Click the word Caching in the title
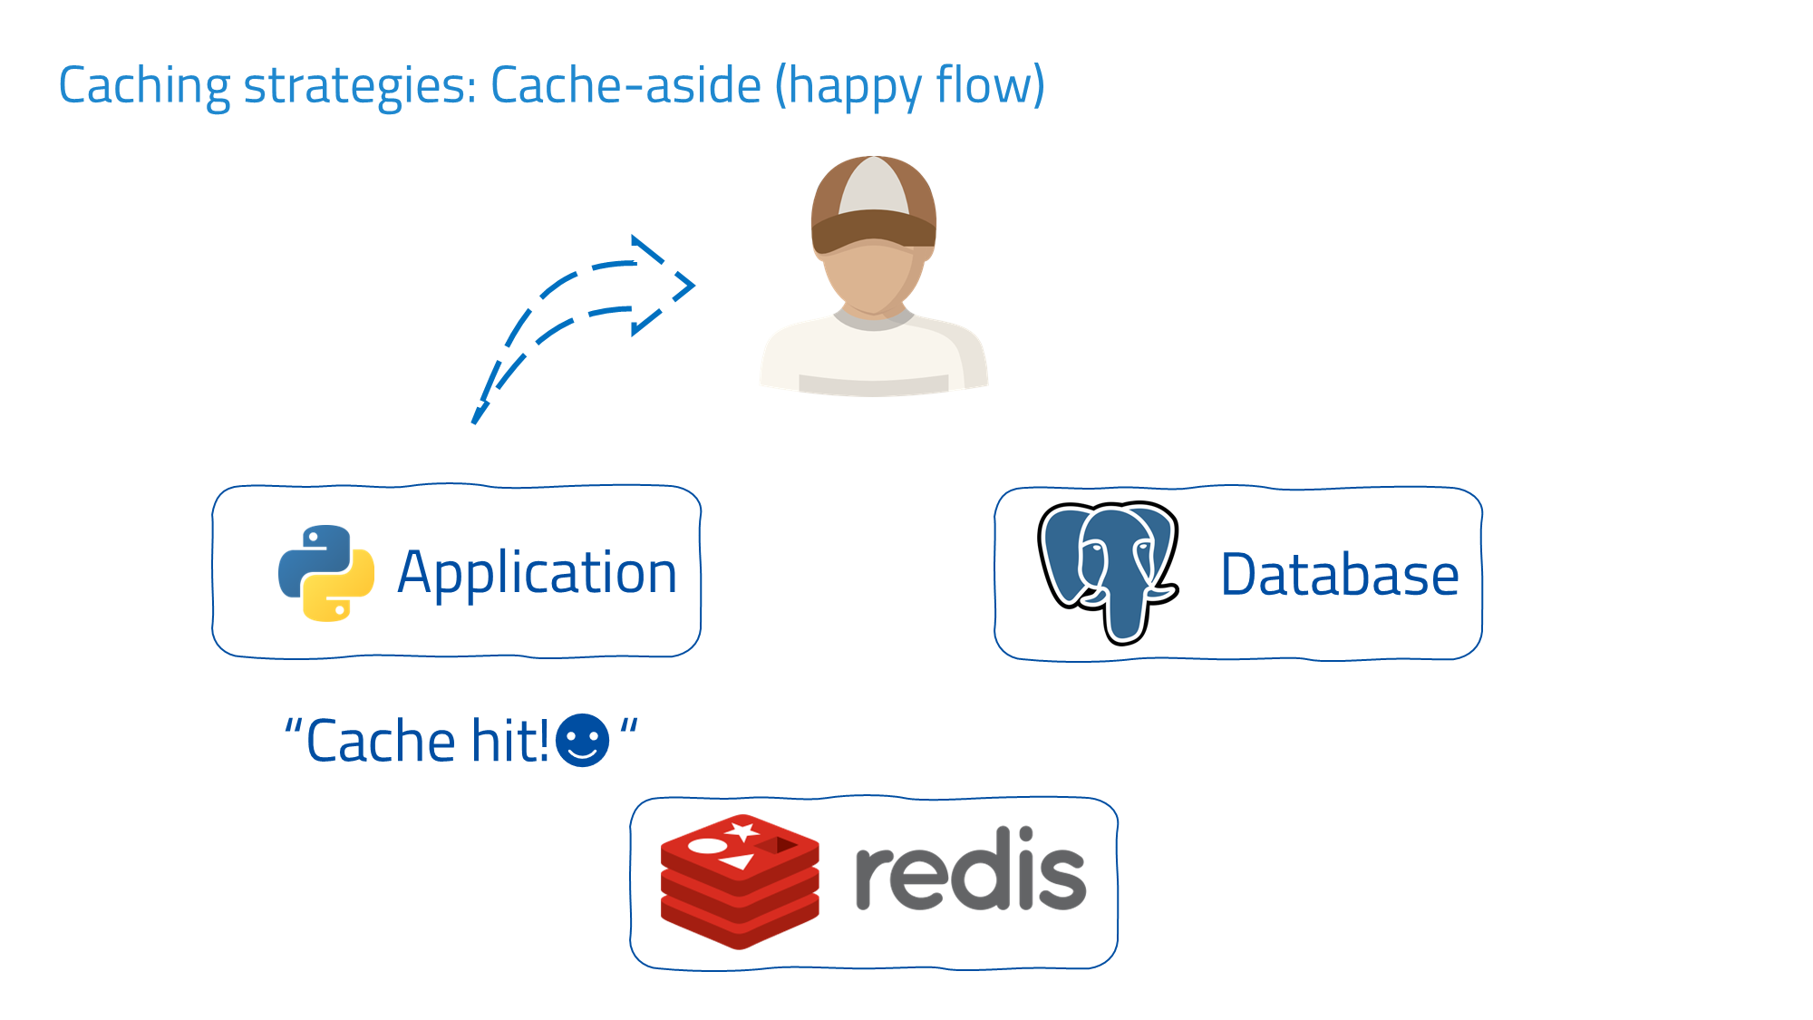coord(144,86)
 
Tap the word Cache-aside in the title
coord(625,86)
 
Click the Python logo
coord(326,573)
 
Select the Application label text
coord(538,573)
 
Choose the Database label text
coord(1340,575)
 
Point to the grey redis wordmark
coord(970,870)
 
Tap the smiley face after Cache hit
coord(582,741)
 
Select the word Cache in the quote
coord(381,741)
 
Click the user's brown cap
coord(873,204)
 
